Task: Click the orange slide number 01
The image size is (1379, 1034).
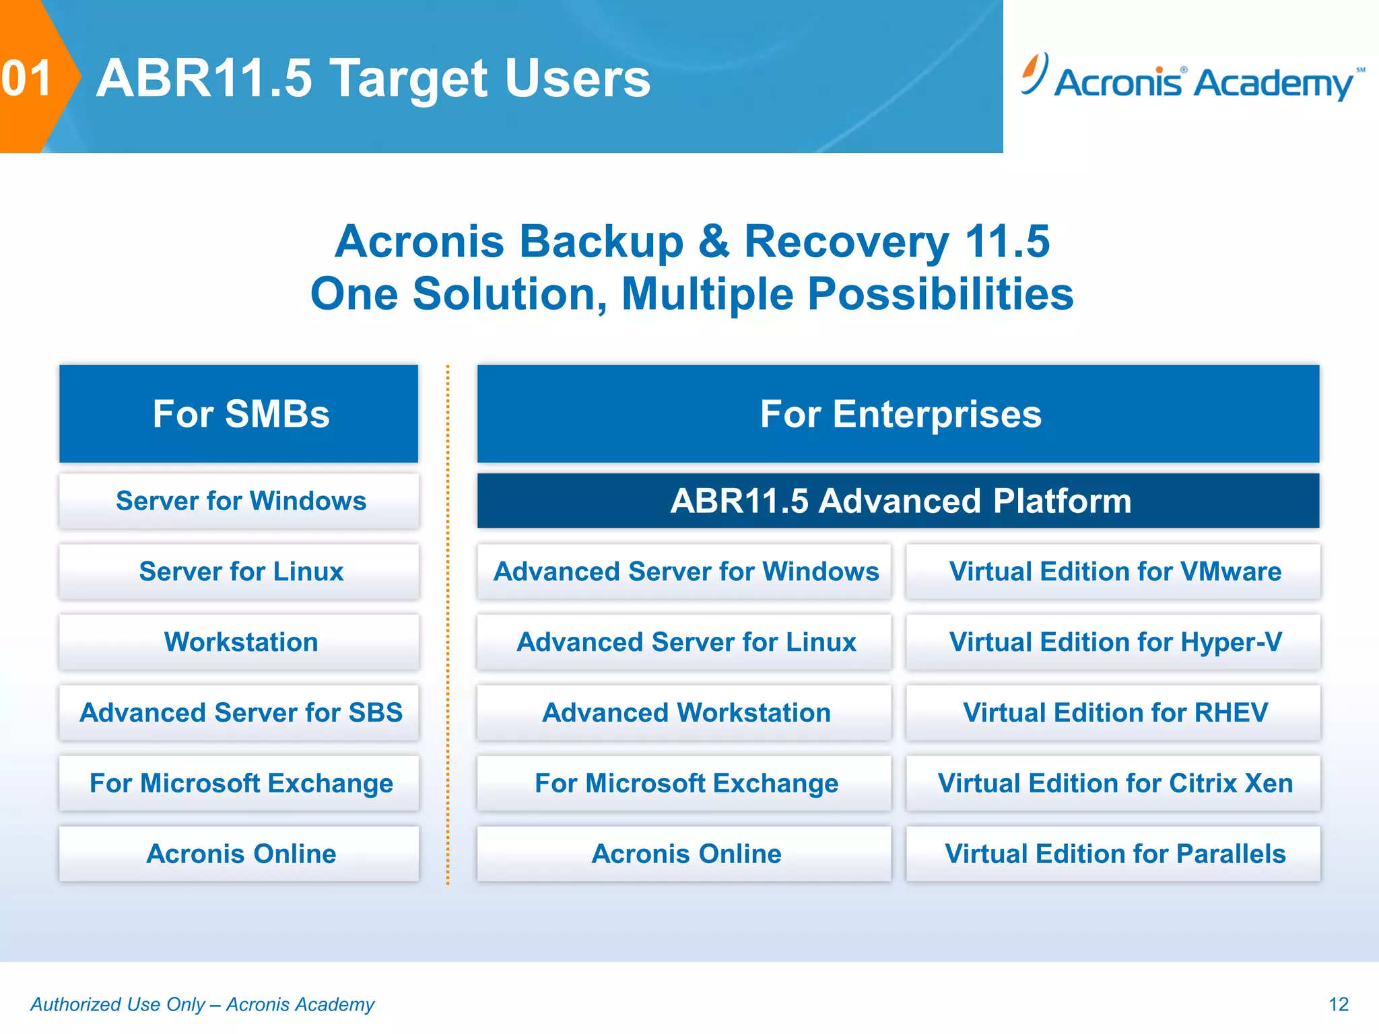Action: (27, 78)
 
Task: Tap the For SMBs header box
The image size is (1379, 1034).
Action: (239, 413)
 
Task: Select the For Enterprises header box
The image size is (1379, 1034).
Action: (898, 413)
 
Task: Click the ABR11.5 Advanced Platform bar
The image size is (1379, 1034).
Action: (898, 501)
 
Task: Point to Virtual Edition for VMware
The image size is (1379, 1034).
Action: (1114, 572)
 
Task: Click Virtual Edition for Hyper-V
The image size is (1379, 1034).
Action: (1114, 642)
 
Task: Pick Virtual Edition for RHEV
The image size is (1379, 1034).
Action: (1114, 712)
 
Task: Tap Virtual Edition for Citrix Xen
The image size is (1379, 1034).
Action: (1114, 783)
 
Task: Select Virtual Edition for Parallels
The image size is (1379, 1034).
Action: (1114, 854)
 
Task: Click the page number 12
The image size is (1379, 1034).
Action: (1338, 1004)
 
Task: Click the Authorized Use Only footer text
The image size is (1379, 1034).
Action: (202, 1004)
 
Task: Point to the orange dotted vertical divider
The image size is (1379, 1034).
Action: (448, 626)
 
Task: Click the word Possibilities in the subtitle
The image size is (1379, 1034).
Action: (940, 294)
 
